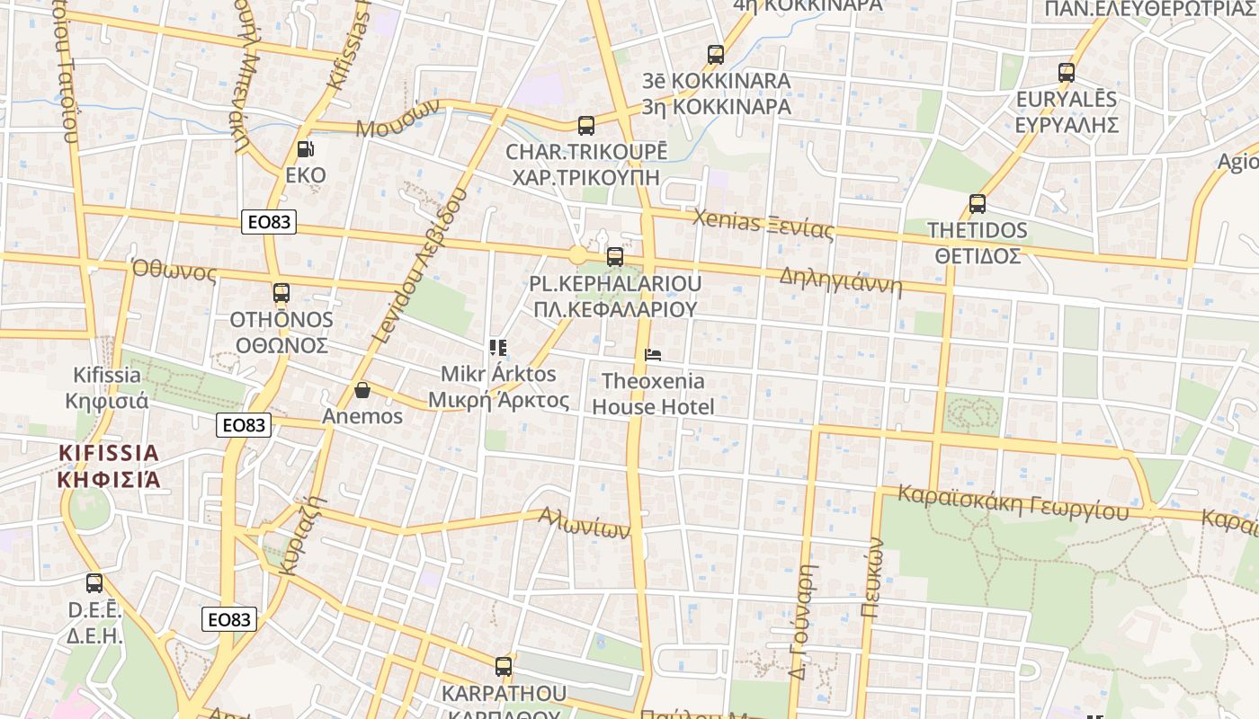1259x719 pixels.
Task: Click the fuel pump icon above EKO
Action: (306, 149)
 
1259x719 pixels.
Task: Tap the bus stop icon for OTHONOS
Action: (281, 293)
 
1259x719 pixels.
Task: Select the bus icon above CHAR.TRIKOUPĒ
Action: (586, 126)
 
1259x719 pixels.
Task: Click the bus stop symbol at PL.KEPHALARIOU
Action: (615, 257)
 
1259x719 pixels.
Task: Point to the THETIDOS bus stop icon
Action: (978, 204)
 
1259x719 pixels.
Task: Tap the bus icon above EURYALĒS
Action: (1067, 73)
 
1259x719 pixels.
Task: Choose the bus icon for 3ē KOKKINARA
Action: (716, 55)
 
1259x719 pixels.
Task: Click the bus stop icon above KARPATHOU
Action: (504, 667)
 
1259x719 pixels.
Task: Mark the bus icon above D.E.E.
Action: (94, 583)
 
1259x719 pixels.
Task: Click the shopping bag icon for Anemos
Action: (362, 390)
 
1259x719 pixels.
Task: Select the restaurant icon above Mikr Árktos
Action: (498, 348)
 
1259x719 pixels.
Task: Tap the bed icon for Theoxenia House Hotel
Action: (653, 355)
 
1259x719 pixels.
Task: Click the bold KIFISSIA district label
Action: (109, 466)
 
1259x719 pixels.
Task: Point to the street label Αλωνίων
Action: (584, 522)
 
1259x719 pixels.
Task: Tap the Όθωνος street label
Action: (174, 270)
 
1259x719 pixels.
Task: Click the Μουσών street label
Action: (397, 119)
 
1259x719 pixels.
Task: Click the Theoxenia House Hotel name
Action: (653, 394)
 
